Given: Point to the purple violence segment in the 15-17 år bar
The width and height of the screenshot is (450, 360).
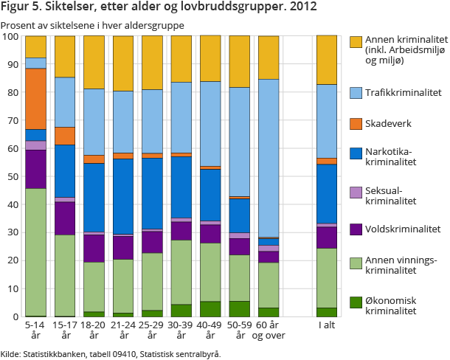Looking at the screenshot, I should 65,218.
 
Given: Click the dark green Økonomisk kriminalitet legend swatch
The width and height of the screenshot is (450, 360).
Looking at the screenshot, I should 356,301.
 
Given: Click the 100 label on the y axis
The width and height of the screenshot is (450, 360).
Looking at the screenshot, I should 10,37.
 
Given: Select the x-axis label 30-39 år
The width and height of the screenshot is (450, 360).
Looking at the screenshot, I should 181,329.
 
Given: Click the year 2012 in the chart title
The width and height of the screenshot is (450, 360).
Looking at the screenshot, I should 303,8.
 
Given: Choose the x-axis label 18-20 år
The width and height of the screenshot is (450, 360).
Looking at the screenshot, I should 94,329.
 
